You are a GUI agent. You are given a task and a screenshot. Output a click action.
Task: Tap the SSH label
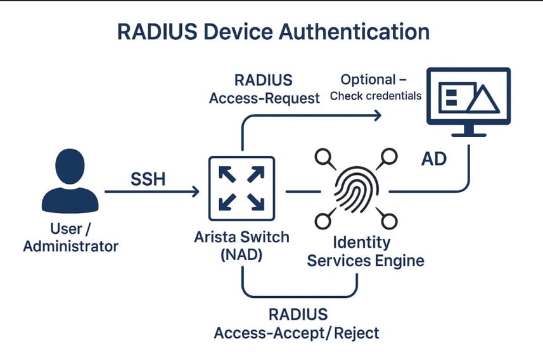click(x=148, y=179)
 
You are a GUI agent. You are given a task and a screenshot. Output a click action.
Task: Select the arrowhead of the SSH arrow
click(x=195, y=191)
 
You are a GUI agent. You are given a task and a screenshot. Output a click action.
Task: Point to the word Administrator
click(x=70, y=246)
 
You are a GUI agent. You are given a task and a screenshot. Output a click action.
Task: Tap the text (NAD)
click(x=241, y=255)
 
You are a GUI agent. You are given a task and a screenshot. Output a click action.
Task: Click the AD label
click(x=434, y=158)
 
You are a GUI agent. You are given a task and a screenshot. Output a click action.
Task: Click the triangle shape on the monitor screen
click(x=482, y=99)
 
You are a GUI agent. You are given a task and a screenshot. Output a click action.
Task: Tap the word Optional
click(x=366, y=80)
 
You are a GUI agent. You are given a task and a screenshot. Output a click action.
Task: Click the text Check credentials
click(x=376, y=96)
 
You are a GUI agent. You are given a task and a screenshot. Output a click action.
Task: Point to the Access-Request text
click(x=264, y=98)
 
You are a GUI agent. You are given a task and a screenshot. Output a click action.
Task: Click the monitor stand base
click(x=469, y=134)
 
